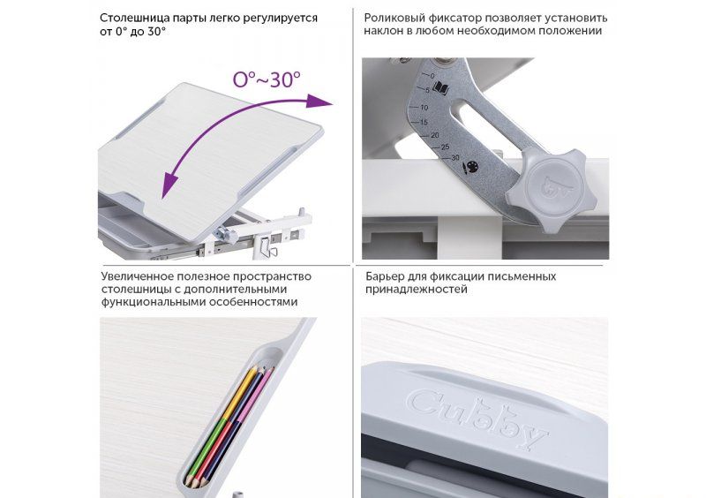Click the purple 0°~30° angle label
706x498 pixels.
click(x=267, y=79)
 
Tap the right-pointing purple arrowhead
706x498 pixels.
click(x=319, y=102)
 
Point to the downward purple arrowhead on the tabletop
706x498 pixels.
click(x=169, y=185)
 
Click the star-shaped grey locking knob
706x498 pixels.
click(x=546, y=188)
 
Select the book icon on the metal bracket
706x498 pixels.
click(x=440, y=88)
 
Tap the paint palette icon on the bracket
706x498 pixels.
click(x=469, y=168)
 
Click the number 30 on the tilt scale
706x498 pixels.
click(x=454, y=158)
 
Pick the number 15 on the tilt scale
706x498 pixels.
click(x=424, y=122)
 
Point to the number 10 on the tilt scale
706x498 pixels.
click(x=424, y=108)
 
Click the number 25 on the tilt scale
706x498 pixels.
click(x=445, y=147)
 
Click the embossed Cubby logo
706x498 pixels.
click(x=477, y=418)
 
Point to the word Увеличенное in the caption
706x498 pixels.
click(x=137, y=276)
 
